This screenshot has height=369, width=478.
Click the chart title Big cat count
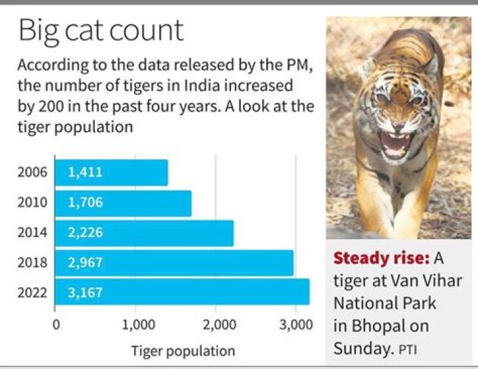pos(101,31)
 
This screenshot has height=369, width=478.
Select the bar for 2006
pos(111,173)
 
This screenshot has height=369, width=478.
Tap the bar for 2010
pos(123,203)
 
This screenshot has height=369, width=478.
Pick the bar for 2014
pos(144,233)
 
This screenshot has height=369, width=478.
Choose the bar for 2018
pos(174,263)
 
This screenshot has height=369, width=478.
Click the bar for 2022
pos(182,292)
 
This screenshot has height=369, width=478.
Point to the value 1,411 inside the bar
pos(85,173)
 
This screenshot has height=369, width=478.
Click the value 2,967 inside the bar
pos(85,263)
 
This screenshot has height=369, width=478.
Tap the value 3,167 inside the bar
pos(85,292)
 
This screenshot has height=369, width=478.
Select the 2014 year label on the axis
pos(34,233)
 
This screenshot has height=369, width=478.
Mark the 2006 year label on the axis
pos(34,173)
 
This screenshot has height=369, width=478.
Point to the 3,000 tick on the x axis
pos(297,325)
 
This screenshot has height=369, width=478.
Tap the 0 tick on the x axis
pos(56,325)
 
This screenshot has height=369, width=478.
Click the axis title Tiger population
pos(183,350)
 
